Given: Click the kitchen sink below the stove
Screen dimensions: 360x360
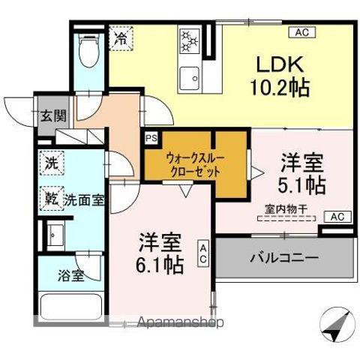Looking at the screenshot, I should (189, 75).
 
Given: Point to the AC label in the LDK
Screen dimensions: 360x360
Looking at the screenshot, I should (301, 32).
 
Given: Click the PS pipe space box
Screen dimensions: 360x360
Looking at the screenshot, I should (151, 138).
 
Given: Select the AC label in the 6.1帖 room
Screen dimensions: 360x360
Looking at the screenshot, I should (203, 253).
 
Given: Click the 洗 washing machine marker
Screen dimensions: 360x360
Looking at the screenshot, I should (51, 163).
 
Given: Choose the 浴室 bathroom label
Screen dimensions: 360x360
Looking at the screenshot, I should (71, 274).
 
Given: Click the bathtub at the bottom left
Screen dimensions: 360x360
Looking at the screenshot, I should (71, 307).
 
